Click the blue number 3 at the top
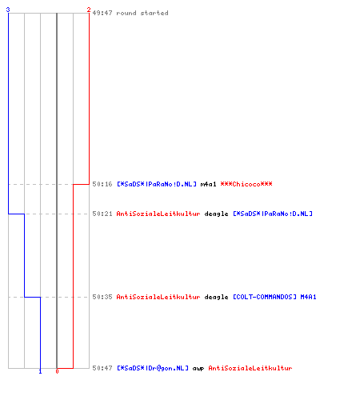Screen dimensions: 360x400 pos(8,10)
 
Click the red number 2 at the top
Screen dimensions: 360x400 pos(89,10)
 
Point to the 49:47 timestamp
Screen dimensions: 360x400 pos(102,13)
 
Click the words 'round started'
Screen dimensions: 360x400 pos(142,13)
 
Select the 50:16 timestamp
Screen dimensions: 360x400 pos(102,184)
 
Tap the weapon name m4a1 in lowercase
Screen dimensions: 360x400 pos(208,184)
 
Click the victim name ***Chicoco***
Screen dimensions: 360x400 pos(246,184)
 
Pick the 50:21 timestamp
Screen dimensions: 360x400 pos(102,214)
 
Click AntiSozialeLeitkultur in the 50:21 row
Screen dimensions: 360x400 pos(158,214)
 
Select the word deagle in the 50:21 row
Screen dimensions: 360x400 pos(216,214)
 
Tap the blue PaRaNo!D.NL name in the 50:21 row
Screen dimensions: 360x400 pos(273,214)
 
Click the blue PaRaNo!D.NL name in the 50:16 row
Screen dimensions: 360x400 pos(157,184)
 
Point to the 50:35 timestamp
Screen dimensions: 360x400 pos(102,297)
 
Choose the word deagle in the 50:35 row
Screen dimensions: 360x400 pos(216,297)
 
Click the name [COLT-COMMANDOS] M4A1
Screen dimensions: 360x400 pos(274,297)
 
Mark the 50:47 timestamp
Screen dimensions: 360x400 pos(102,368)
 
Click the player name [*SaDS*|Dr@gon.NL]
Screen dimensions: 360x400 pos(153,368)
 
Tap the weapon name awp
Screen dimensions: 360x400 pos(198,369)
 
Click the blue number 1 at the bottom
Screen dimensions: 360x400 pos(40,371)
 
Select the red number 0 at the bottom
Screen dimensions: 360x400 pos(57,371)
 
